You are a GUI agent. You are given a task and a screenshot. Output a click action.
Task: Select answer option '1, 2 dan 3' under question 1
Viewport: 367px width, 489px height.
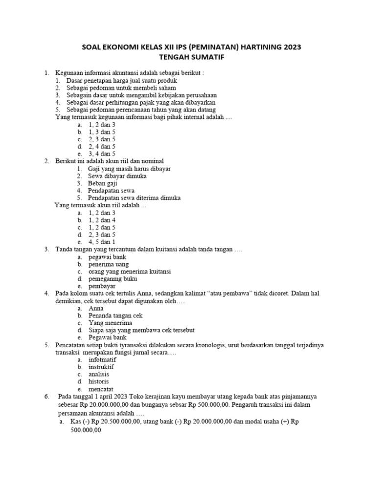[x=102, y=125]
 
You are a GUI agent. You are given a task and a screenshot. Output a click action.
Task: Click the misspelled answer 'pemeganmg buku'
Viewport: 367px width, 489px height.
[x=113, y=279]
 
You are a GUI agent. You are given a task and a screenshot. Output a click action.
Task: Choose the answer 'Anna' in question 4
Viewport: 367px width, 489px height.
[x=96, y=309]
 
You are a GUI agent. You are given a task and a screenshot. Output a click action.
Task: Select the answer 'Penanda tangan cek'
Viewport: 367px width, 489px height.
[x=115, y=316]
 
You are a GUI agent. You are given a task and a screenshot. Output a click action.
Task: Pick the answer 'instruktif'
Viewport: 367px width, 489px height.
[x=101, y=367]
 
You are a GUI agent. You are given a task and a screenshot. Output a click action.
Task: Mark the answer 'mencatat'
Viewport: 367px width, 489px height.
[x=101, y=389]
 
